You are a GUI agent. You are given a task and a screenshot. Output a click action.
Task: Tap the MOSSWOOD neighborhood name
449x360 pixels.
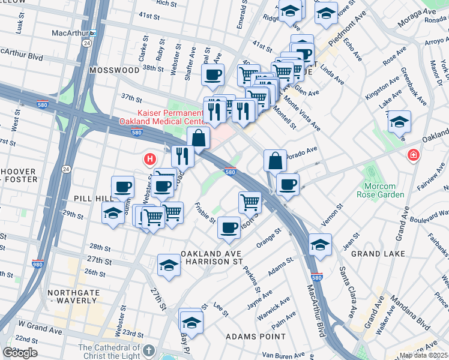pyautogui.click(x=114, y=70)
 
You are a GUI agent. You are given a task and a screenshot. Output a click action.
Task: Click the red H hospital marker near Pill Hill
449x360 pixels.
pyautogui.click(x=149, y=160)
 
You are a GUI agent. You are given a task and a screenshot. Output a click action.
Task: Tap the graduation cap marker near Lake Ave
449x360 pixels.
pyautogui.click(x=399, y=123)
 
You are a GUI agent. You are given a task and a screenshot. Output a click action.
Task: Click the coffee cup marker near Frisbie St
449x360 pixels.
pyautogui.click(x=229, y=228)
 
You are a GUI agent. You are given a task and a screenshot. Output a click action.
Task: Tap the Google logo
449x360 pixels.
pyautogui.click(x=20, y=353)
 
